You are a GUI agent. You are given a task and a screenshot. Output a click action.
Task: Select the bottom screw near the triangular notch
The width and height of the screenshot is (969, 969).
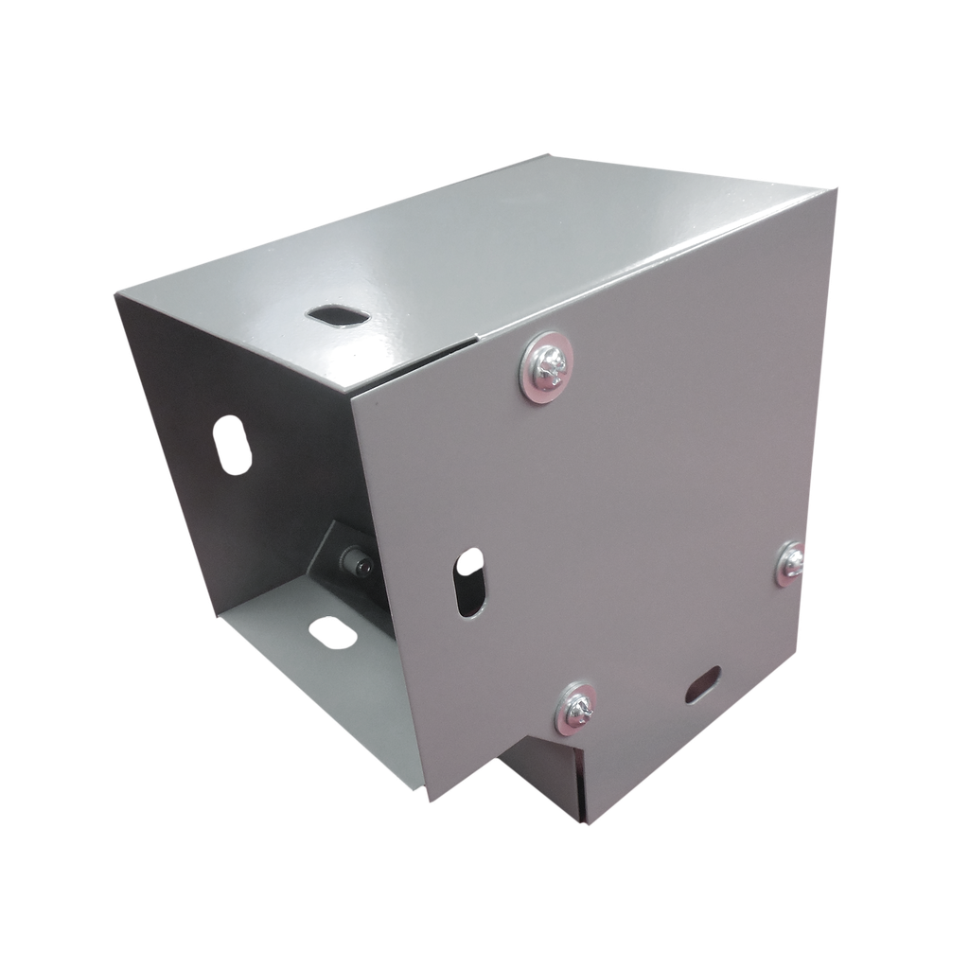576,705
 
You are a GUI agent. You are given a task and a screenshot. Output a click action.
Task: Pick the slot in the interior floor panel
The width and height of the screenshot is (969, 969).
331,631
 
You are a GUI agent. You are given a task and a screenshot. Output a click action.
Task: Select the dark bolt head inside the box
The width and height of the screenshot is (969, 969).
361,567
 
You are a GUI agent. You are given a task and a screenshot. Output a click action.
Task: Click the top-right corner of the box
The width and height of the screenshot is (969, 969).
837,187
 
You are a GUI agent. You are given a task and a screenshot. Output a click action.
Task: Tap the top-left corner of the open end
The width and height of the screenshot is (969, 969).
113,292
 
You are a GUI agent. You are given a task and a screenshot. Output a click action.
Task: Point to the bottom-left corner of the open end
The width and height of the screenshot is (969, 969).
217,616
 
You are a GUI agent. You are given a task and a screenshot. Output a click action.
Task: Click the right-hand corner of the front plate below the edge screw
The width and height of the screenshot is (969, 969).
802,653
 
